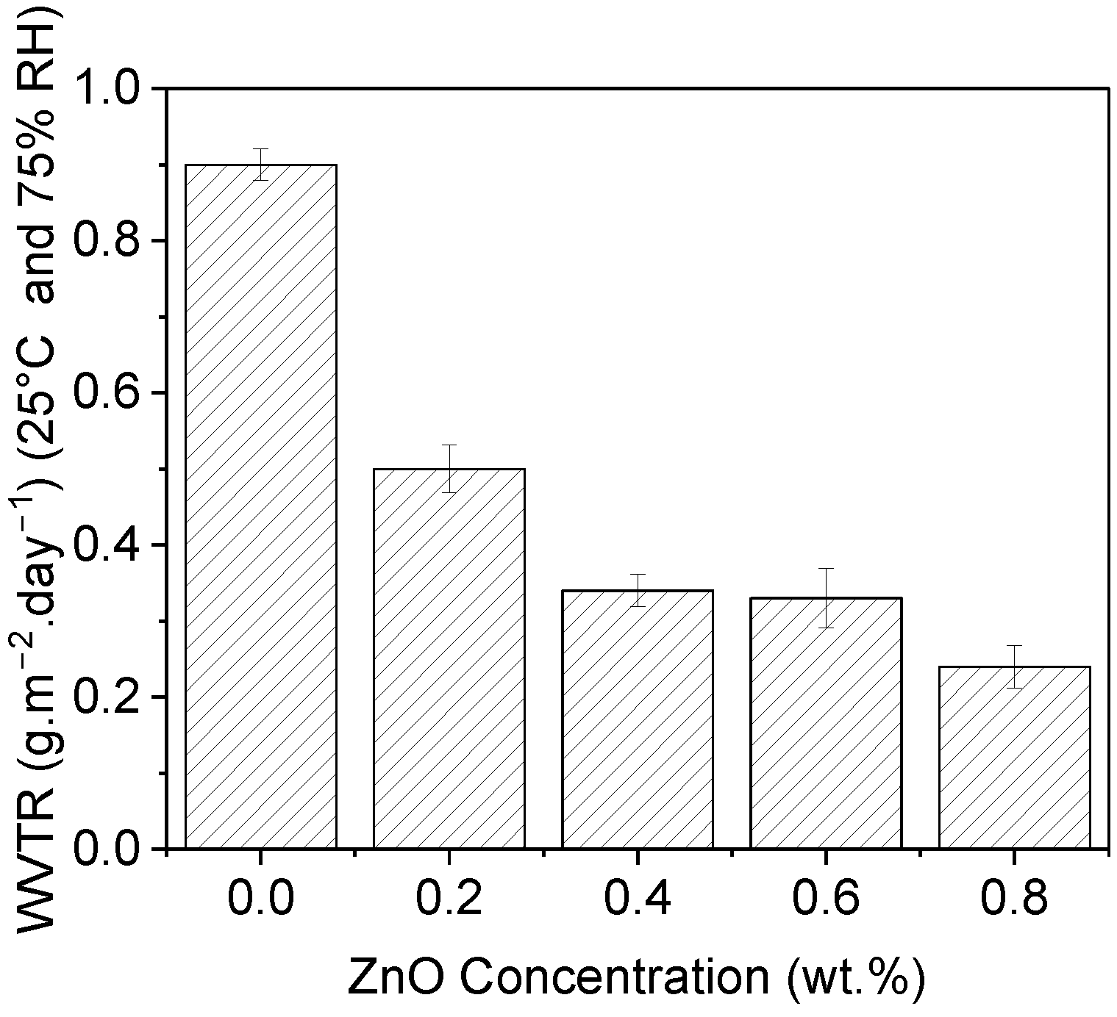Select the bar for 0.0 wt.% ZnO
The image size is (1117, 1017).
click(x=261, y=507)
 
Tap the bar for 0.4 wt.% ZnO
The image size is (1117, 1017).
click(x=638, y=719)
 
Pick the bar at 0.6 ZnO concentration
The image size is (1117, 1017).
click(x=826, y=723)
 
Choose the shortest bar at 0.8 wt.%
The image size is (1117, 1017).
click(x=1014, y=758)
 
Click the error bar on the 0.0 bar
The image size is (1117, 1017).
click(x=261, y=164)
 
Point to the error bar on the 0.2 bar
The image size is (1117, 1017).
click(x=449, y=468)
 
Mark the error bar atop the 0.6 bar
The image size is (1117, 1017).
click(x=826, y=597)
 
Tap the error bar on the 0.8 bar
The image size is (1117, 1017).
click(x=1014, y=666)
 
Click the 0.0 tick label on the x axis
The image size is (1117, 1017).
click(x=261, y=898)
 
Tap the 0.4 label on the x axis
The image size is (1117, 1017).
click(x=638, y=898)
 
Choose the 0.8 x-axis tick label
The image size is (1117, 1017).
click(x=1014, y=898)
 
